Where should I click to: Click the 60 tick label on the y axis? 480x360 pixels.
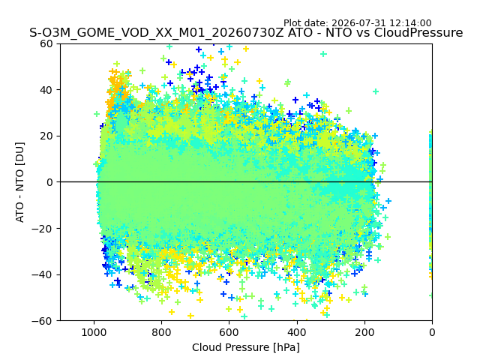point(46,43)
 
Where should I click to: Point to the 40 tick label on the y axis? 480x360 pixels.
point(46,90)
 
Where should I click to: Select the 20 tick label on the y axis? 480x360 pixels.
point(46,136)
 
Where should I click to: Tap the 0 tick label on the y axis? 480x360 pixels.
point(49,182)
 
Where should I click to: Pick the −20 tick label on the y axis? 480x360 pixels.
point(42,228)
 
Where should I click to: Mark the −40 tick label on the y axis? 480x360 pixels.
point(42,274)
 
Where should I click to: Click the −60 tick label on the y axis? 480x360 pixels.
point(42,321)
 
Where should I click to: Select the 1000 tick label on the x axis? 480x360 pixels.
point(94,332)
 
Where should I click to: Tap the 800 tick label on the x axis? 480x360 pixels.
point(162,332)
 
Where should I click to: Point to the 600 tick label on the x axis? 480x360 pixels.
point(229,332)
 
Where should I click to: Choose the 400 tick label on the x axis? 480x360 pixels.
point(297,332)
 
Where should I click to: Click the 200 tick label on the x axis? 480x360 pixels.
point(364,332)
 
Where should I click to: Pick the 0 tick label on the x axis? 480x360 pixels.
point(432,332)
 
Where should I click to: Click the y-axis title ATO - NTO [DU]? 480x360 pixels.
point(19,182)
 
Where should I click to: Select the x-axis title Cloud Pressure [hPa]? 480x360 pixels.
point(246,347)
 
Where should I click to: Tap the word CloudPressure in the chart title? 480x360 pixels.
point(418,32)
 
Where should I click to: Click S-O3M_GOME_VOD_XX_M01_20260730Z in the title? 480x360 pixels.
point(157,33)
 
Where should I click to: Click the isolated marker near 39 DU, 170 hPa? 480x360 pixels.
point(376,91)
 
